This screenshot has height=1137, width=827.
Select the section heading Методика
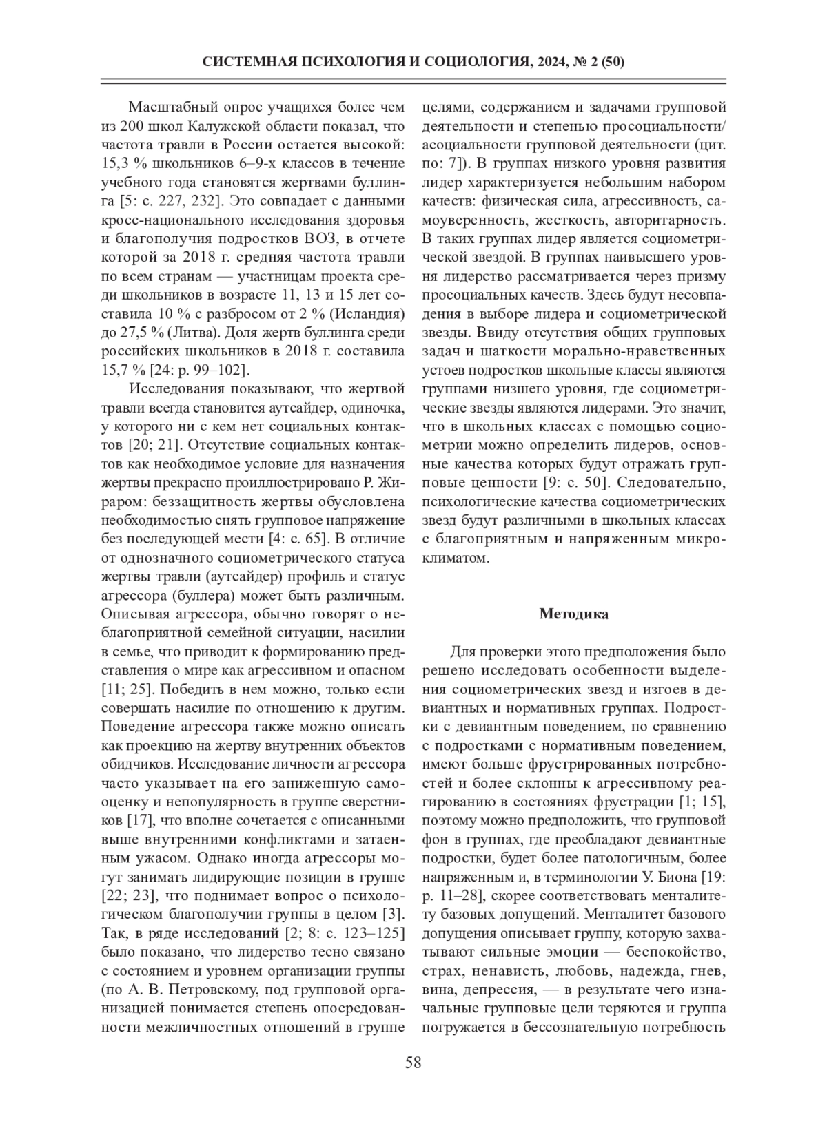[x=573, y=614]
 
